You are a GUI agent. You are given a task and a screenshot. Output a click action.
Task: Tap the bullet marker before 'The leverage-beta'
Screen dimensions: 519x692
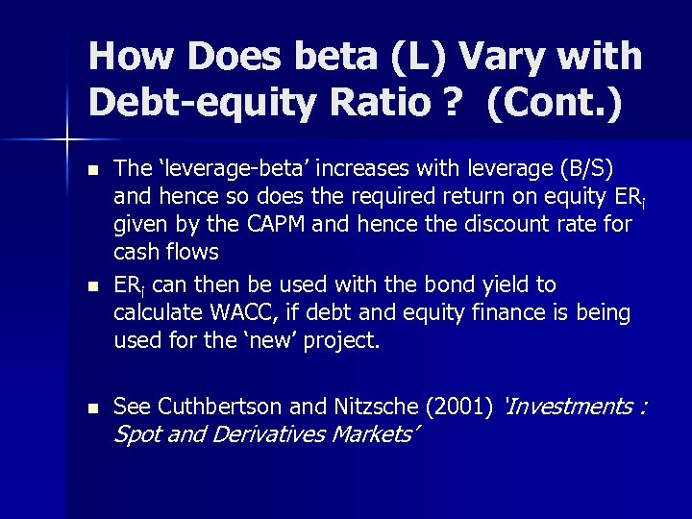click(92, 169)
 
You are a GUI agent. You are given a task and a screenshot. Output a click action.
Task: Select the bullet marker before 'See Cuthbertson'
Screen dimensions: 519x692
click(92, 407)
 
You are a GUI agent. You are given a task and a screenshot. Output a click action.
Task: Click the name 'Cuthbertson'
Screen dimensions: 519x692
click(212, 406)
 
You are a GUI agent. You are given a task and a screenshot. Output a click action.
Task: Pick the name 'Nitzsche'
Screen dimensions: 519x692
click(350, 406)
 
